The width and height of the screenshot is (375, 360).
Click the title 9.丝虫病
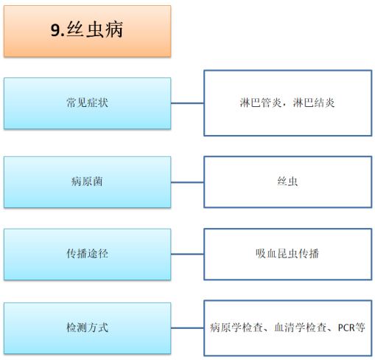point(87,30)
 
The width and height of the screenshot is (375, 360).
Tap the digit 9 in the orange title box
point(55,30)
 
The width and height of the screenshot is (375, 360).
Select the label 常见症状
point(87,103)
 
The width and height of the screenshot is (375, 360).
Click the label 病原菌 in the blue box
point(87,181)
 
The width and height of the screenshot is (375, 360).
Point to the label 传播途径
point(87,254)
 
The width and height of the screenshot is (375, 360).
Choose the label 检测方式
point(87,328)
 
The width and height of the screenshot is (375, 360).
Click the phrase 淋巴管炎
point(261,103)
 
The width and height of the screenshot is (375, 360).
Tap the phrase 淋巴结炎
point(314,103)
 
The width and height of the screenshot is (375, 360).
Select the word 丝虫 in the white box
point(287,181)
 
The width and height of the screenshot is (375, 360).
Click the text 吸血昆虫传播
point(287,254)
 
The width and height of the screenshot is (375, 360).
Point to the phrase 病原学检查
point(236,328)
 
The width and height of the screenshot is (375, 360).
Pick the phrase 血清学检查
point(301,328)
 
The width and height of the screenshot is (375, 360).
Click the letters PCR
point(346,328)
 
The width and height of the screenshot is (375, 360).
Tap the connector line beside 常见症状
point(187,103)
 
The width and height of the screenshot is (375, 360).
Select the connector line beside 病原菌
point(187,182)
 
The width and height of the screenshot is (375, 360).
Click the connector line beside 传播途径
point(187,254)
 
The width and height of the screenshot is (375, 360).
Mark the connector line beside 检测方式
point(187,328)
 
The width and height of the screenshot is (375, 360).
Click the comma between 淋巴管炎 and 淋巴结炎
point(284,105)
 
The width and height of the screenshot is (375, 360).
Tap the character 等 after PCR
point(360,328)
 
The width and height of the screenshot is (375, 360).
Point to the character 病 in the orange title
point(114,30)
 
